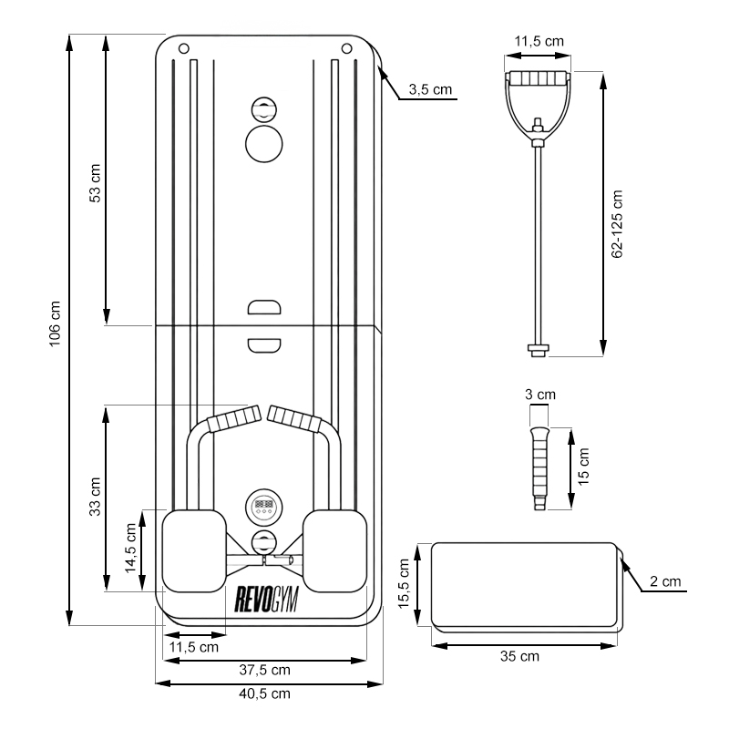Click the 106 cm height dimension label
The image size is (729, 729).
click(x=55, y=323)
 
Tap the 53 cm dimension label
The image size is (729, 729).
click(x=95, y=183)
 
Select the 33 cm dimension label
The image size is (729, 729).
click(x=95, y=497)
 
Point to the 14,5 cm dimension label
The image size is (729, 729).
click(x=130, y=549)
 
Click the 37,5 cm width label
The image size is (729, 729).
click(x=264, y=670)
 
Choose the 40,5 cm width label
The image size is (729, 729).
click(x=264, y=693)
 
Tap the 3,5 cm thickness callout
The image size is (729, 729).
click(x=430, y=89)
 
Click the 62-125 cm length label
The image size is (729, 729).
click(x=617, y=223)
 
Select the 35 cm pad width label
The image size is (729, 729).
click(x=519, y=656)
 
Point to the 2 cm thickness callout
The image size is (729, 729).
click(x=665, y=581)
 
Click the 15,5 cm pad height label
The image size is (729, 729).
click(x=404, y=583)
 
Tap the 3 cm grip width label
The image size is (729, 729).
click(x=540, y=395)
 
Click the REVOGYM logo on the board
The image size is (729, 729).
click(x=266, y=600)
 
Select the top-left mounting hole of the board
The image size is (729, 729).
click(x=184, y=48)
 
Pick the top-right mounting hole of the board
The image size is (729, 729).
click(x=346, y=48)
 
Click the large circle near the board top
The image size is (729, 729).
click(x=264, y=144)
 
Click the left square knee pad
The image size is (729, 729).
click(x=194, y=551)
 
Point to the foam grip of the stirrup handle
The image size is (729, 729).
click(x=538, y=78)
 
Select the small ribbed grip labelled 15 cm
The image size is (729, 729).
click(x=539, y=468)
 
